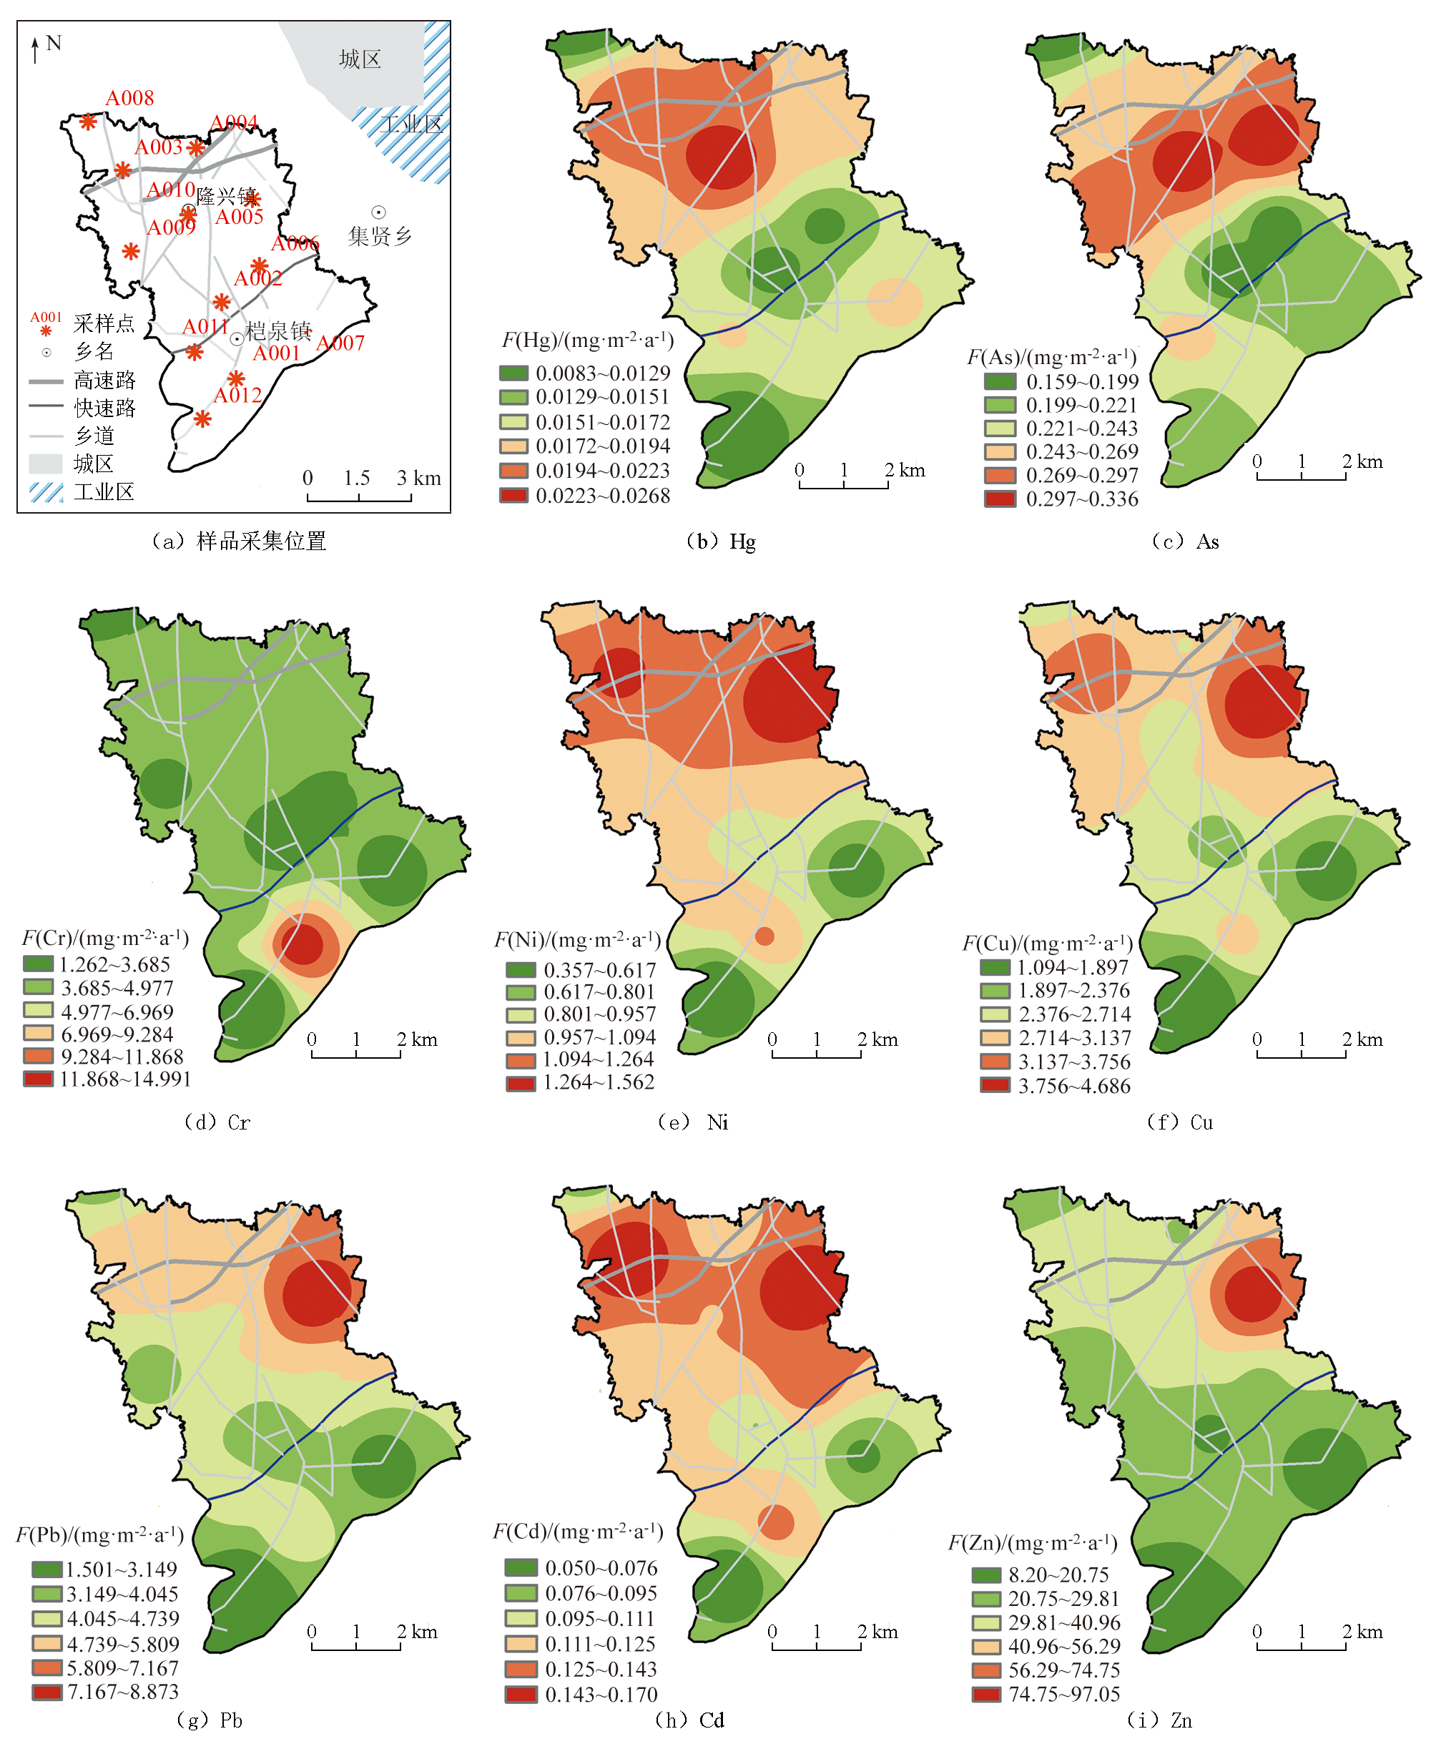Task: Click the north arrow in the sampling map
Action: (35, 49)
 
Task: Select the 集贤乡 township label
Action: (380, 237)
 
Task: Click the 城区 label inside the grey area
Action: (360, 59)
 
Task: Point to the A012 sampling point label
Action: (237, 396)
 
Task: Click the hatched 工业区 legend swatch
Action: (46, 492)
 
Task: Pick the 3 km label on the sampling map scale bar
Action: (418, 479)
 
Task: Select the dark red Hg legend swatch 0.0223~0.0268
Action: (513, 496)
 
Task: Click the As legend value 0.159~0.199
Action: (1082, 382)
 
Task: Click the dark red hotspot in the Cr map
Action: (302, 944)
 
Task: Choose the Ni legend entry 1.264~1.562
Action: (598, 1082)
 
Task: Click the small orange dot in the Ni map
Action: (764, 936)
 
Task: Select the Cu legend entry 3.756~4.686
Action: (1073, 1087)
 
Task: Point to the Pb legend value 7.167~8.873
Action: (122, 1692)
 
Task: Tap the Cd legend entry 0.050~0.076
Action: (601, 1568)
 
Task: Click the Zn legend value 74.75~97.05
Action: (1063, 1694)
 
